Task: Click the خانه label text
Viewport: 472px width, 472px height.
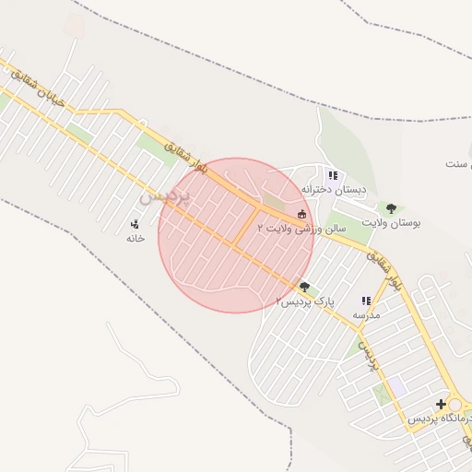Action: click(x=136, y=238)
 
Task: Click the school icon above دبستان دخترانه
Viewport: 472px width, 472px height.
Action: click(x=333, y=174)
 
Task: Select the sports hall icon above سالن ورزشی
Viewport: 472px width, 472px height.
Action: click(x=301, y=214)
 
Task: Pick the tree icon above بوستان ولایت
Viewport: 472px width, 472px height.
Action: click(x=391, y=207)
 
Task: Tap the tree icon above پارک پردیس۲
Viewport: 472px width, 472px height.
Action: click(x=305, y=287)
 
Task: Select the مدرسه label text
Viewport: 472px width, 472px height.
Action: click(x=366, y=314)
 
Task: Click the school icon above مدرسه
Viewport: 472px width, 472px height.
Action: click(x=366, y=301)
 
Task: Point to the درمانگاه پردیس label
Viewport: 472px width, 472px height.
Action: click(x=439, y=419)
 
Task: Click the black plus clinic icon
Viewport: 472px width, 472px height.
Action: click(x=441, y=404)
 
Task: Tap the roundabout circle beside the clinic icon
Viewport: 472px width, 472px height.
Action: click(x=461, y=405)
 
